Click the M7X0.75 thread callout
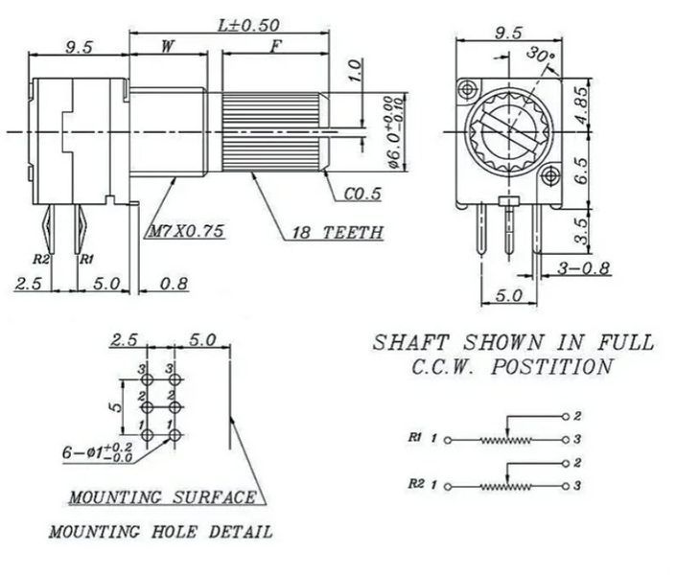pyautogui.click(x=186, y=231)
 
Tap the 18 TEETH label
pyautogui.click(x=338, y=233)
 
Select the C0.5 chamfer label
pyautogui.click(x=362, y=194)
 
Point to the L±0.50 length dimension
pyautogui.click(x=248, y=25)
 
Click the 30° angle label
pyautogui.click(x=541, y=55)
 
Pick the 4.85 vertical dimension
pyautogui.click(x=582, y=105)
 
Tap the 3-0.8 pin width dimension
pyautogui.click(x=584, y=268)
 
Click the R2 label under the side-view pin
pyautogui.click(x=41, y=259)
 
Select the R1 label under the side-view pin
pyautogui.click(x=86, y=259)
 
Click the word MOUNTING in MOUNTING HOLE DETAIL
pyautogui.click(x=94, y=532)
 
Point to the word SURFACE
pyautogui.click(x=214, y=497)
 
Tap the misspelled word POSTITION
pyautogui.click(x=552, y=367)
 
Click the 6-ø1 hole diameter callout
pyautogui.click(x=98, y=452)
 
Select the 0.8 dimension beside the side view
pyautogui.click(x=174, y=284)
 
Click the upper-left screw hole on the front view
pyautogui.click(x=467, y=90)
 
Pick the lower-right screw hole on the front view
pyautogui.click(x=549, y=175)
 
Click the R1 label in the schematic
pyautogui.click(x=415, y=437)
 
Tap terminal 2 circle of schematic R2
pyautogui.click(x=566, y=464)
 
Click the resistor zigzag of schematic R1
pyautogui.click(x=505, y=440)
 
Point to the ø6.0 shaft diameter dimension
pyautogui.click(x=395, y=132)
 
